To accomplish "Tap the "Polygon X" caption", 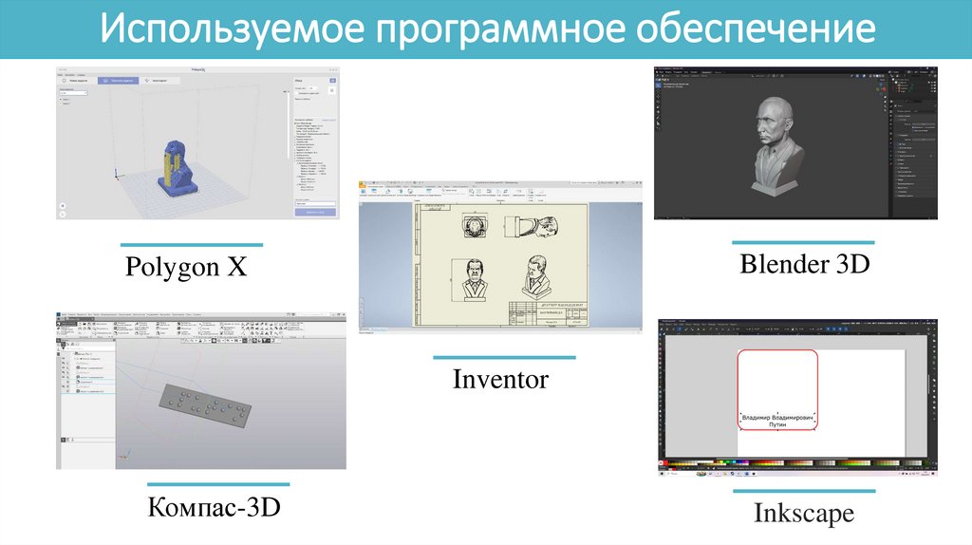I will [186, 268].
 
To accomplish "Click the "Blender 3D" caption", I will [805, 264].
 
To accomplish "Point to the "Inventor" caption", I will [500, 380].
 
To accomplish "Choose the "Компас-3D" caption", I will [215, 507].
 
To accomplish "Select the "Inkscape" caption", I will [804, 514].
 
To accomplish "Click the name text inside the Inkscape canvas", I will [777, 421].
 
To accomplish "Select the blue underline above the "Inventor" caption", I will [504, 357].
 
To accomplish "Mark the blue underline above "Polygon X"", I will [191, 245].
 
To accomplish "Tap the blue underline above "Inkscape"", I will [804, 491].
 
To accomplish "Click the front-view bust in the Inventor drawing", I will [471, 279].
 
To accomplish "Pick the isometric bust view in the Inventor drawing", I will [538, 275].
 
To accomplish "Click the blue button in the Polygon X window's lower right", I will [317, 214].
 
